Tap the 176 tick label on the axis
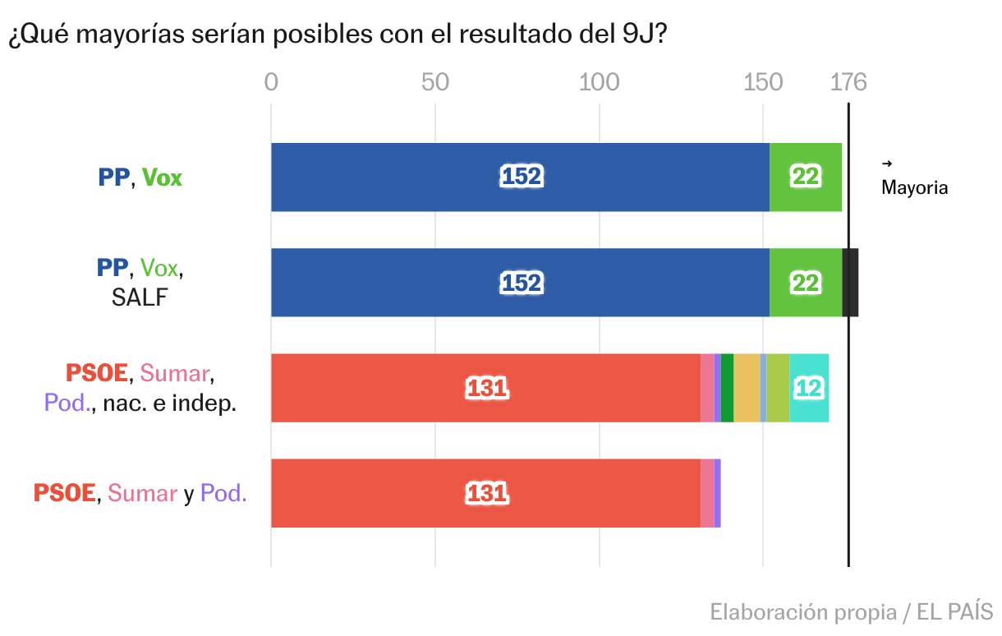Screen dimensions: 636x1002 (848, 82)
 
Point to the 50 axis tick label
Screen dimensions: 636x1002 (435, 82)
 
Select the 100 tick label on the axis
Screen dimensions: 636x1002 (599, 82)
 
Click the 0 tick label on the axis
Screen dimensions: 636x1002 (271, 82)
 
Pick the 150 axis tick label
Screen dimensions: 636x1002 (763, 82)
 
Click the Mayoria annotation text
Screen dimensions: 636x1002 (914, 187)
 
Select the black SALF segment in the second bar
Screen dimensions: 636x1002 (851, 283)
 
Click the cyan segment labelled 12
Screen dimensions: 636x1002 (809, 388)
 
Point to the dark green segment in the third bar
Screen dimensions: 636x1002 (727, 388)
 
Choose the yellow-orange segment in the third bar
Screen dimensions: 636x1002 (747, 388)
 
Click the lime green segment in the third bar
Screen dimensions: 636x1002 (778, 388)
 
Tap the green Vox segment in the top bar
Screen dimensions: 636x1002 (806, 177)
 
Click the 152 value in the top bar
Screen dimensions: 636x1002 (522, 177)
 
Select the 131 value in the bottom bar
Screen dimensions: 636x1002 (487, 493)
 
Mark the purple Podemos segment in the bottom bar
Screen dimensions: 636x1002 (717, 493)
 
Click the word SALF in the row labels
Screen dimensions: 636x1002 (139, 297)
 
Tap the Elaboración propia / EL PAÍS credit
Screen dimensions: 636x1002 (851, 612)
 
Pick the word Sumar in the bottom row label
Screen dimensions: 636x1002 (143, 493)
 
